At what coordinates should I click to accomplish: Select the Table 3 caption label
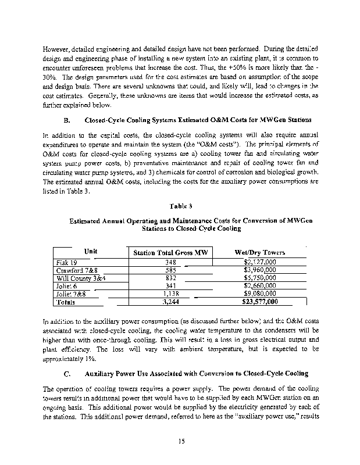point(179,206)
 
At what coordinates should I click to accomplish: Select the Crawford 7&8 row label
point(66,270)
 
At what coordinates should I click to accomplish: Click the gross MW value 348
point(170,263)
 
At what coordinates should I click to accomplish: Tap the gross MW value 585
point(170,270)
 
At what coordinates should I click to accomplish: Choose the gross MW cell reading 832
point(170,278)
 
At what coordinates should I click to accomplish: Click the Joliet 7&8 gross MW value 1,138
point(170,294)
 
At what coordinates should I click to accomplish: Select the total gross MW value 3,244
point(170,302)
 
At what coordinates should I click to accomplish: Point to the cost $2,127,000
point(259,263)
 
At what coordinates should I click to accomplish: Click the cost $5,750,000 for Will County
point(259,278)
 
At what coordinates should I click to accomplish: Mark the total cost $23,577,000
point(259,302)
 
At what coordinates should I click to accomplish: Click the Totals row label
point(63,302)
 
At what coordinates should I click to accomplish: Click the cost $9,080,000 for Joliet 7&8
point(259,294)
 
